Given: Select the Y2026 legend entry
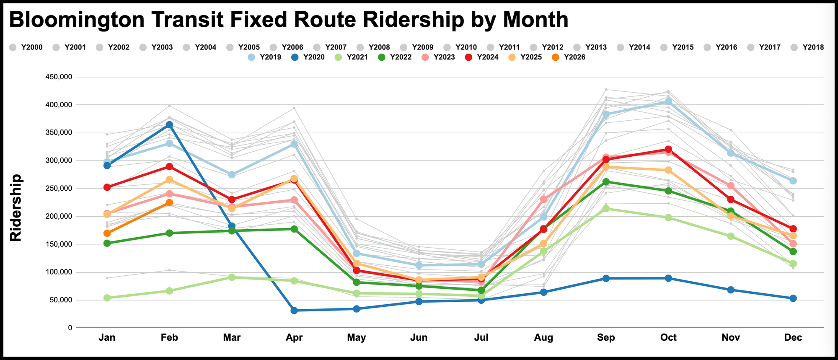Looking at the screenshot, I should pos(569,57).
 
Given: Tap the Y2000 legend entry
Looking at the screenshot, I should pos(26,47).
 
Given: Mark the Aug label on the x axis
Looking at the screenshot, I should pos(544,338).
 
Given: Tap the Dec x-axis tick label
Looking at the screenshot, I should pos(793,338).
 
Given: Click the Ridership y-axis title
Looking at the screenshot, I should pos(16,208).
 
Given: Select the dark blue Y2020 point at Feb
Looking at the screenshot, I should pos(169,125).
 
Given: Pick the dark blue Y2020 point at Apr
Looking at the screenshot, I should pos(294,311).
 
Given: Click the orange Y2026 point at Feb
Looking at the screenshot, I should pos(169,203).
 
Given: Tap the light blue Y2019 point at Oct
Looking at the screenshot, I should pos(668,102).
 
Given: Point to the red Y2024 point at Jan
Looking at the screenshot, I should pos(107,187).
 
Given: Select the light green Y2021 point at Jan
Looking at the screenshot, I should pos(107,298).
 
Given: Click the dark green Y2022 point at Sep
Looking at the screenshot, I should pos(606,182).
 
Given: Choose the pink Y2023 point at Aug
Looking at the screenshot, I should pos(544,199).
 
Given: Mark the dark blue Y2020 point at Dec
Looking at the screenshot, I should pos(793,298).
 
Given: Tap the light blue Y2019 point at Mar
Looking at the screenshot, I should pos(232,175).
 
